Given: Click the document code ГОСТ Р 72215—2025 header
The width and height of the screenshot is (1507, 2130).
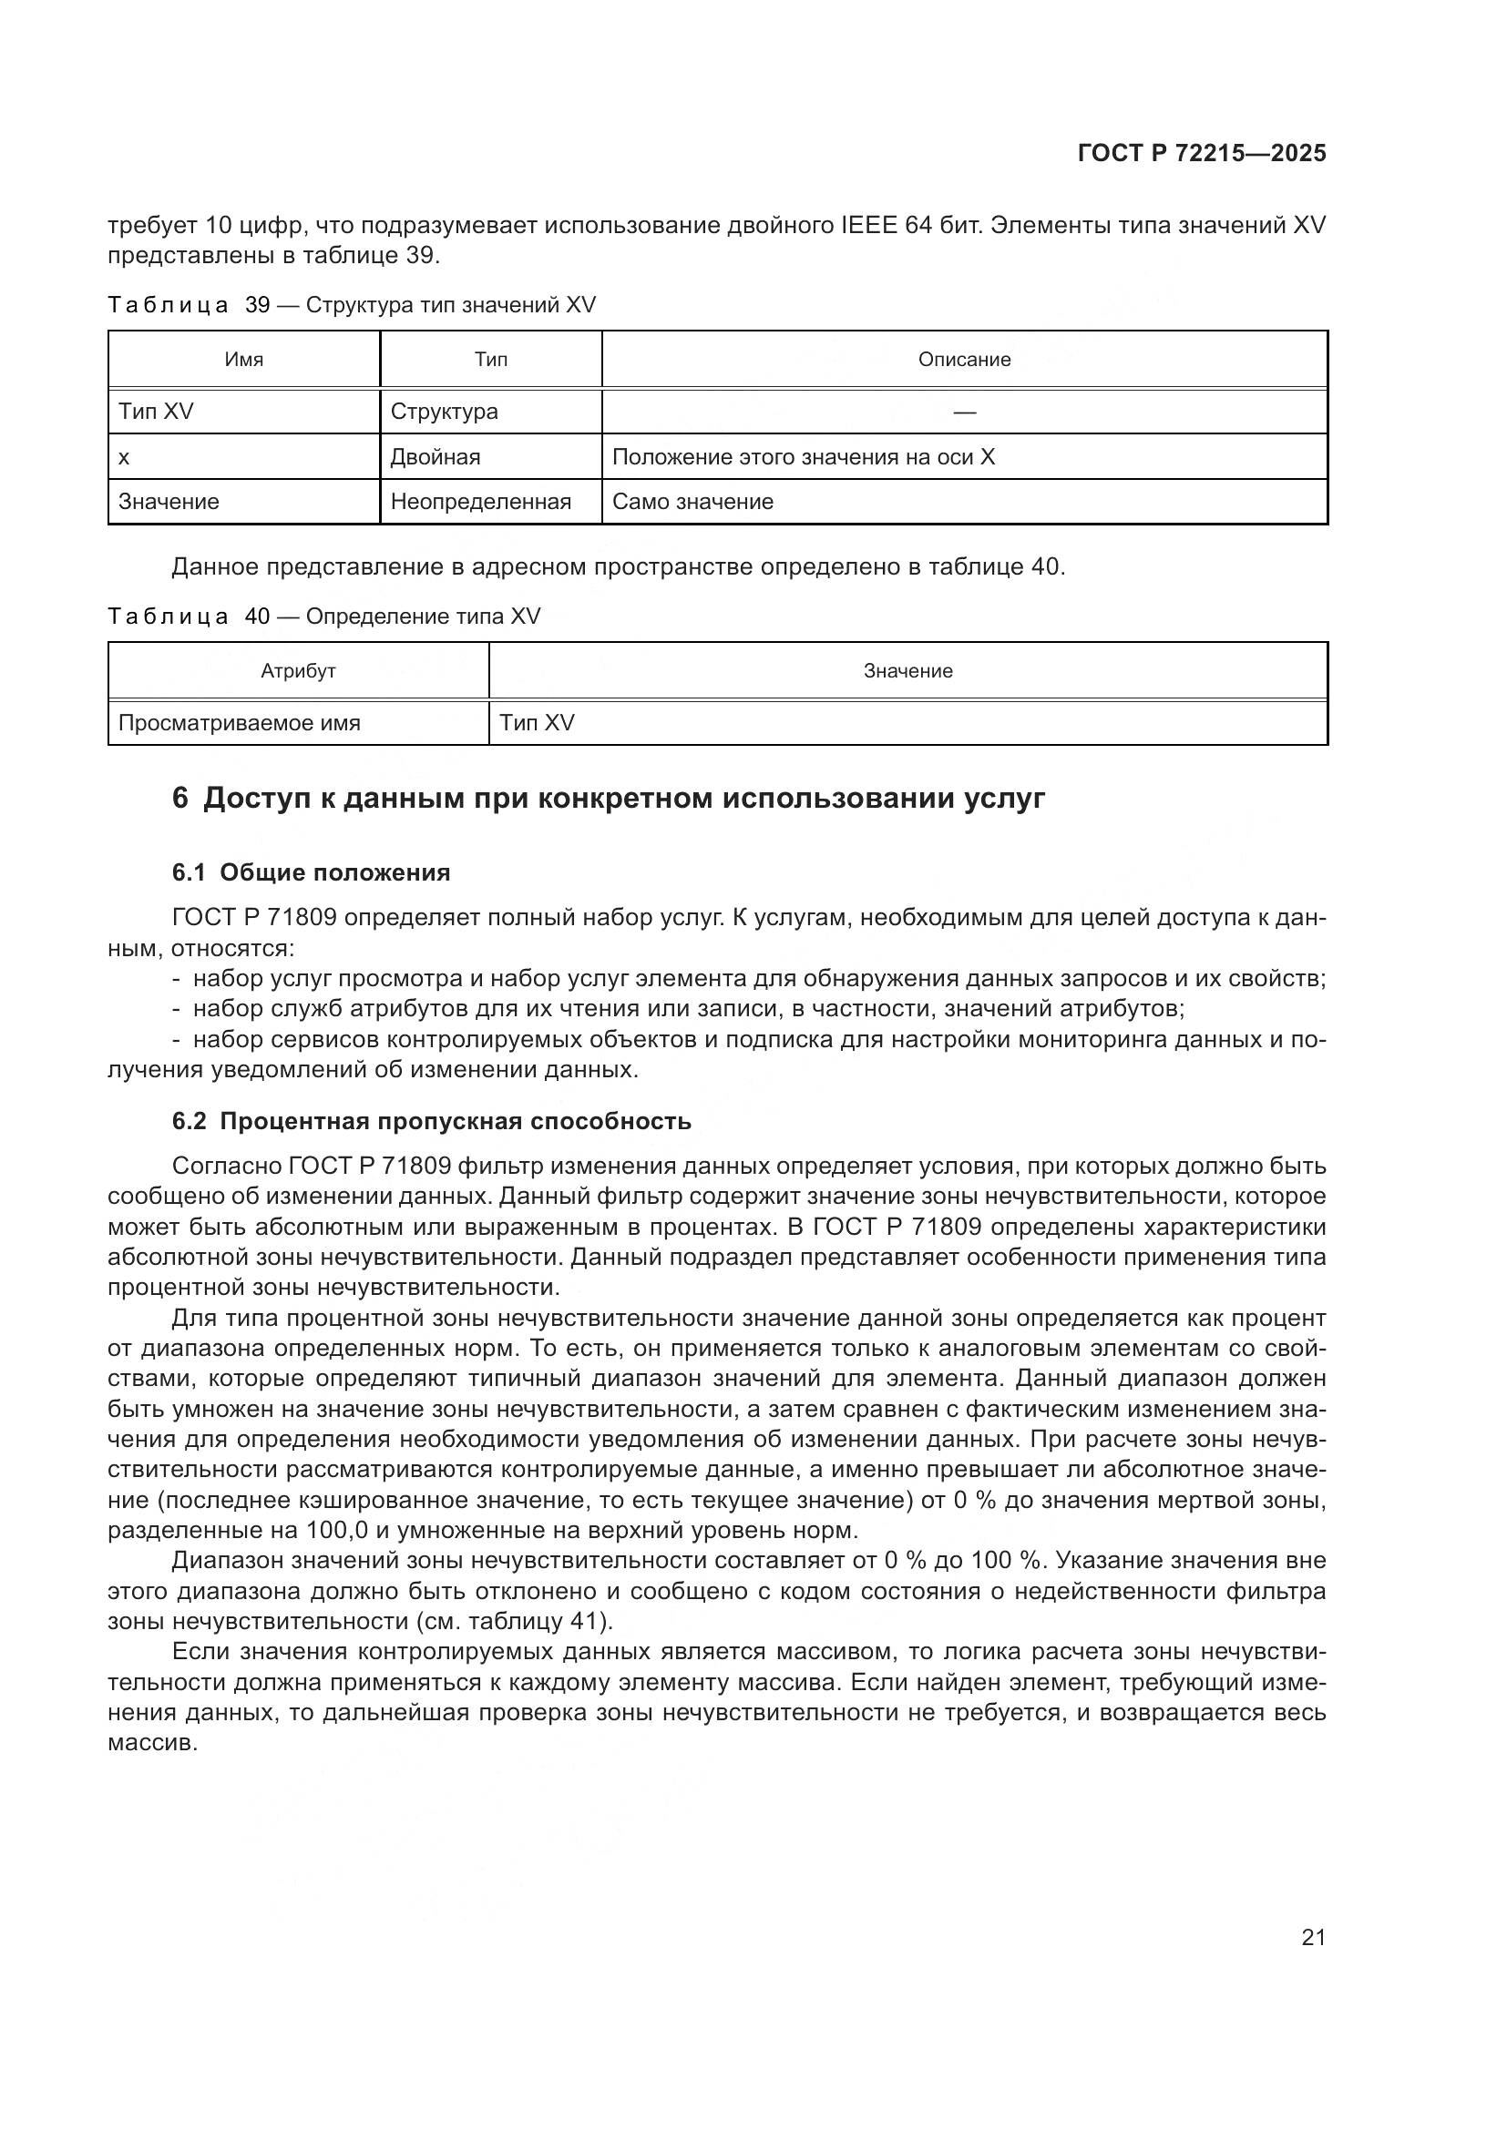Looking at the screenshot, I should tap(1202, 153).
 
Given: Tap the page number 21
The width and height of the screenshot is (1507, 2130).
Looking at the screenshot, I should tap(1313, 1937).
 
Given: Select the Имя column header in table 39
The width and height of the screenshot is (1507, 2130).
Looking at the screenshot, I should tap(244, 360).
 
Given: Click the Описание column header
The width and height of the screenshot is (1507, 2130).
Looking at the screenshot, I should tap(964, 360).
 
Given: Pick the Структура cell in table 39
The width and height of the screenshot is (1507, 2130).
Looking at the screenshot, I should tap(444, 412).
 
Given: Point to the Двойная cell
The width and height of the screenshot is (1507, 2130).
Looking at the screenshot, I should tap(436, 457).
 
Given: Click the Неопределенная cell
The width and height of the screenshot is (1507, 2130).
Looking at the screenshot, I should tap(480, 502).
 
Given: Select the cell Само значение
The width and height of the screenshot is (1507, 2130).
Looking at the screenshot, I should tap(692, 502).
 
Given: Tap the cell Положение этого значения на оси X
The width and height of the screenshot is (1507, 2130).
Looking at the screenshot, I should tap(803, 457).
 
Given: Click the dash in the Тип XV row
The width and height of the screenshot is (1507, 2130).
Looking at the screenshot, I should tap(964, 412).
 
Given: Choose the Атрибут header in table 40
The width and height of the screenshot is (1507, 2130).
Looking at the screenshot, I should tap(298, 671).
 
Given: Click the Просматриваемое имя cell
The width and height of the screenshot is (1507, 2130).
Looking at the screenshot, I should tap(240, 723).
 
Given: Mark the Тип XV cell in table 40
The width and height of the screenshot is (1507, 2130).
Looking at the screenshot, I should tap(537, 723).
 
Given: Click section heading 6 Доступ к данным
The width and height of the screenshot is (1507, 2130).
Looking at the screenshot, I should tap(608, 798).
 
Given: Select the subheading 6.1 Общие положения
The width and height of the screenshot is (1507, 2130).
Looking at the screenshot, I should tap(311, 872).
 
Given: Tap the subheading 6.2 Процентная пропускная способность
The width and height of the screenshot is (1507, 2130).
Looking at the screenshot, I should tap(432, 1121).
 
